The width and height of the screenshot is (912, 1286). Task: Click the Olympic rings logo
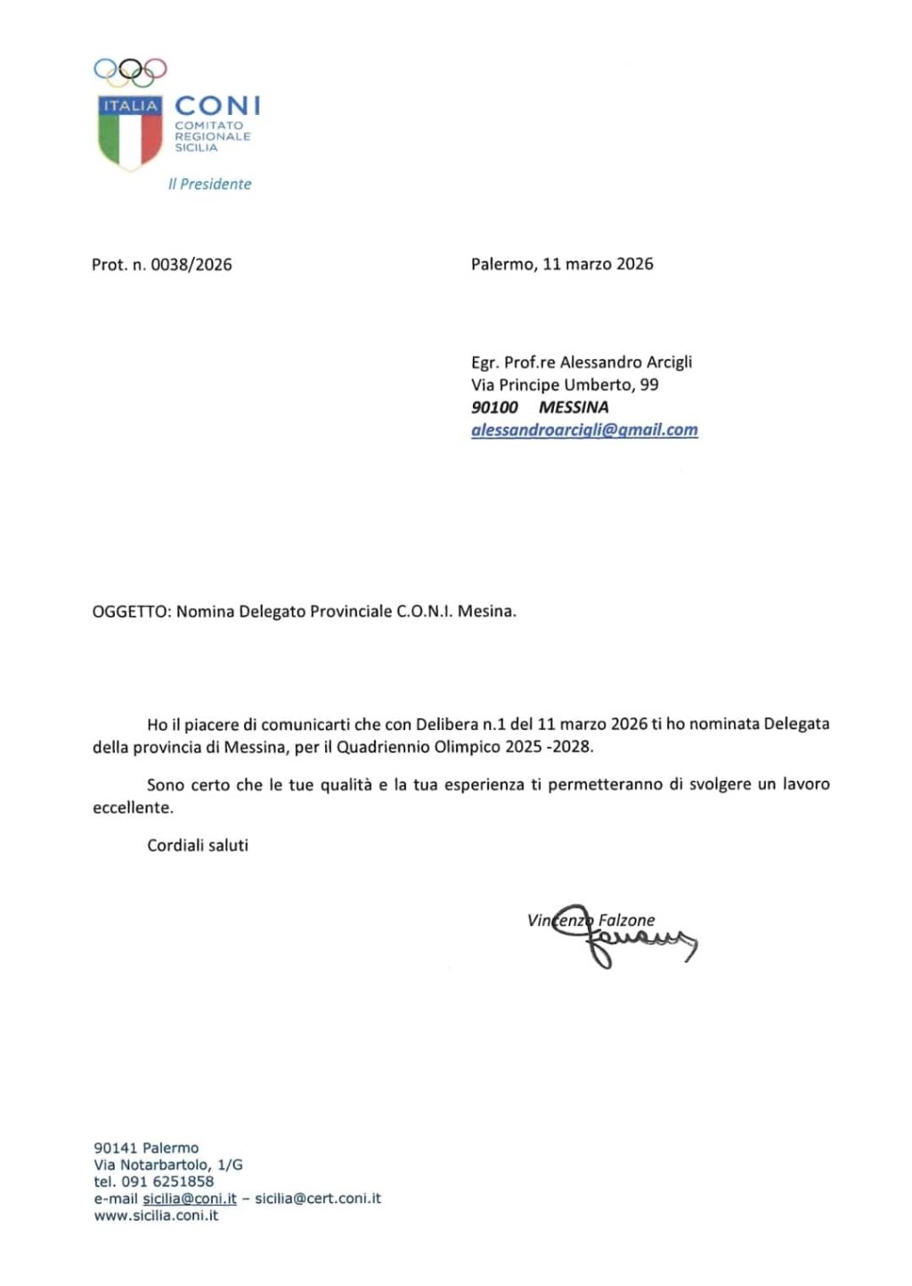pyautogui.click(x=130, y=70)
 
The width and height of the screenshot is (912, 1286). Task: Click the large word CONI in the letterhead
pyautogui.click(x=217, y=106)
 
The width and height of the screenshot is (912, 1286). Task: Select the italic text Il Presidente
pyautogui.click(x=209, y=184)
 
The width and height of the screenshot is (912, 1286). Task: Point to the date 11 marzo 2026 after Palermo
pyautogui.click(x=598, y=264)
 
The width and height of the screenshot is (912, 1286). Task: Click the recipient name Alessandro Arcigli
pyautogui.click(x=625, y=362)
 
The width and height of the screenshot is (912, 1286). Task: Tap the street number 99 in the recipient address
pyautogui.click(x=649, y=385)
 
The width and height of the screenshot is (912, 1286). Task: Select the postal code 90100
pyautogui.click(x=494, y=407)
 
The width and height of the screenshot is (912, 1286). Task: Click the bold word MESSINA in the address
pyautogui.click(x=574, y=407)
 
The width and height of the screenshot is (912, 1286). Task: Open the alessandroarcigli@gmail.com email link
pyautogui.click(x=584, y=430)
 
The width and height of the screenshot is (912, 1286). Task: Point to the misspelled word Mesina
pyautogui.click(x=486, y=611)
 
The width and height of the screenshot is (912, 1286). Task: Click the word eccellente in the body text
pyautogui.click(x=133, y=807)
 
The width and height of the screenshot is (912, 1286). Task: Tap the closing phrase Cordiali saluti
pyautogui.click(x=198, y=845)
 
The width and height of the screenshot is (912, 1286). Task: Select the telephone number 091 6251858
pyautogui.click(x=167, y=1182)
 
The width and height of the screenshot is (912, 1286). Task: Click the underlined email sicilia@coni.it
pyautogui.click(x=190, y=1199)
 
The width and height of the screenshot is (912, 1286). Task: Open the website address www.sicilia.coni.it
pyautogui.click(x=156, y=1216)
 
